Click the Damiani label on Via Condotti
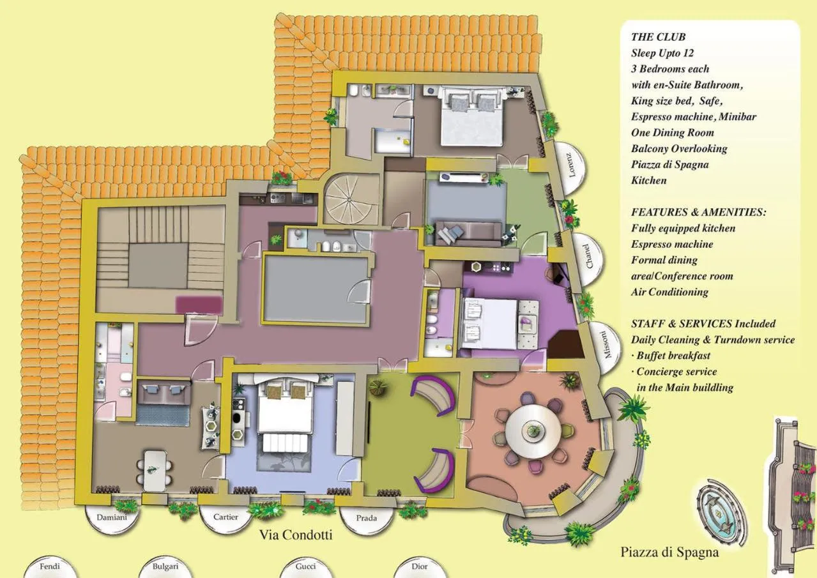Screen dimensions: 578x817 pyautogui.click(x=112, y=517)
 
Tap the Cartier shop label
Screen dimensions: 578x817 pyautogui.click(x=226, y=517)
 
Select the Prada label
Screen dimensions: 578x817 pyautogui.click(x=366, y=518)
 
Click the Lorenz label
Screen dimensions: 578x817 pyautogui.click(x=571, y=164)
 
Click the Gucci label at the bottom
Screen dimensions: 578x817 pyautogui.click(x=305, y=567)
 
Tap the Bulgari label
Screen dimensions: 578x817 pyautogui.click(x=165, y=567)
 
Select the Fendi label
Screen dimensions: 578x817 pyautogui.click(x=50, y=567)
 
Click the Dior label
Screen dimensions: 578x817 pyautogui.click(x=419, y=567)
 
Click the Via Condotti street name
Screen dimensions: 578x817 pyautogui.click(x=296, y=535)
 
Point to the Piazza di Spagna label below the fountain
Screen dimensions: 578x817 pyautogui.click(x=669, y=552)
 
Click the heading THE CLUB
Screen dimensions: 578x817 pyautogui.click(x=658, y=37)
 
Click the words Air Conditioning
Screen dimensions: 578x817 pyautogui.click(x=669, y=292)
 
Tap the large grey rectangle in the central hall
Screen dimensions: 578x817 pyautogui.click(x=316, y=289)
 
